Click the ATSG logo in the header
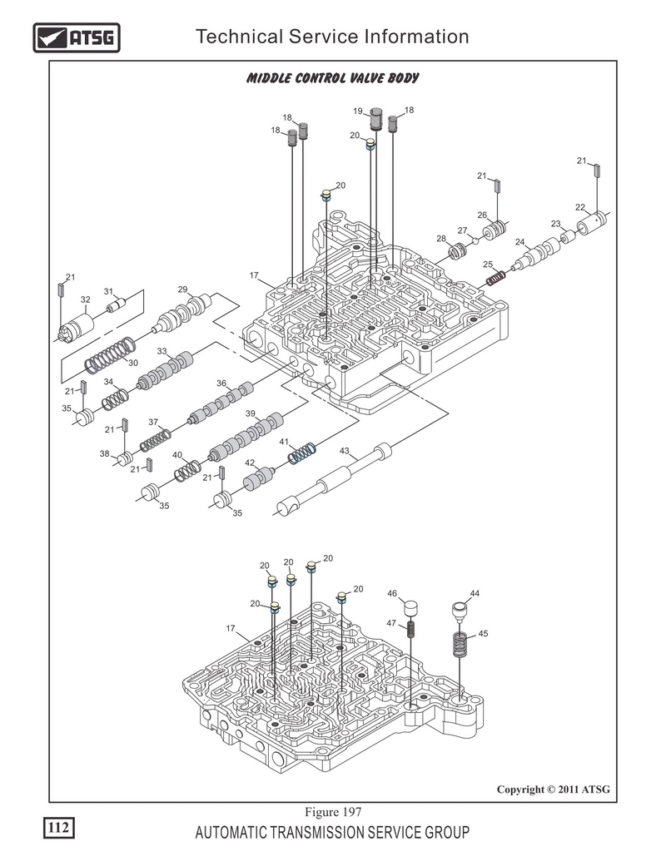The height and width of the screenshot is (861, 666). pos(75,37)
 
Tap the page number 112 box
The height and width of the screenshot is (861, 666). pos(57,827)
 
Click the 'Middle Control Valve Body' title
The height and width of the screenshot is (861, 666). pos(332,78)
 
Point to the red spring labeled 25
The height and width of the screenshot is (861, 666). pos(496,276)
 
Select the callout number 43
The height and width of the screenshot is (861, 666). pos(344,451)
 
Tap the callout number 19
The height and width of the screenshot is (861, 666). pos(356,111)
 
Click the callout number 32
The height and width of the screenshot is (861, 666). pos(85,299)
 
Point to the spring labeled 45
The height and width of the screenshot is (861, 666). pos(460,646)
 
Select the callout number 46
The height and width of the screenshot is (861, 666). pos(391,593)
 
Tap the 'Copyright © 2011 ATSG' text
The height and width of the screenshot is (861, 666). pos(554,789)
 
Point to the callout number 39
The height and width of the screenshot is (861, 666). pos(250,413)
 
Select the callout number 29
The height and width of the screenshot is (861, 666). pos(182,289)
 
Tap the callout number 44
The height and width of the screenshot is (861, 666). pos(475,593)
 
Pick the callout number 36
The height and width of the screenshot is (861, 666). pos(221,383)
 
